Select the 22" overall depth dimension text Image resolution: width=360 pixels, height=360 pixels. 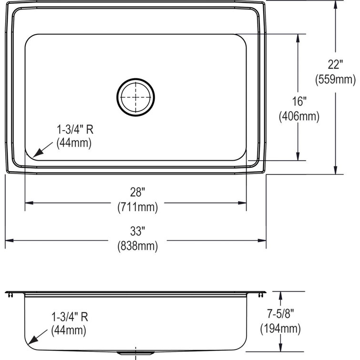click(335, 63)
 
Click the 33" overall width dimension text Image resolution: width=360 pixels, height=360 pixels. click(137, 231)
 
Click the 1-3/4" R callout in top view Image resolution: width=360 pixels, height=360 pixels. click(73, 129)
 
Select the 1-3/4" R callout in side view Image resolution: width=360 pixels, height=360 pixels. click(69, 316)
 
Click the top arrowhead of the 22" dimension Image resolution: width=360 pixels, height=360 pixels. click(335, 5)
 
